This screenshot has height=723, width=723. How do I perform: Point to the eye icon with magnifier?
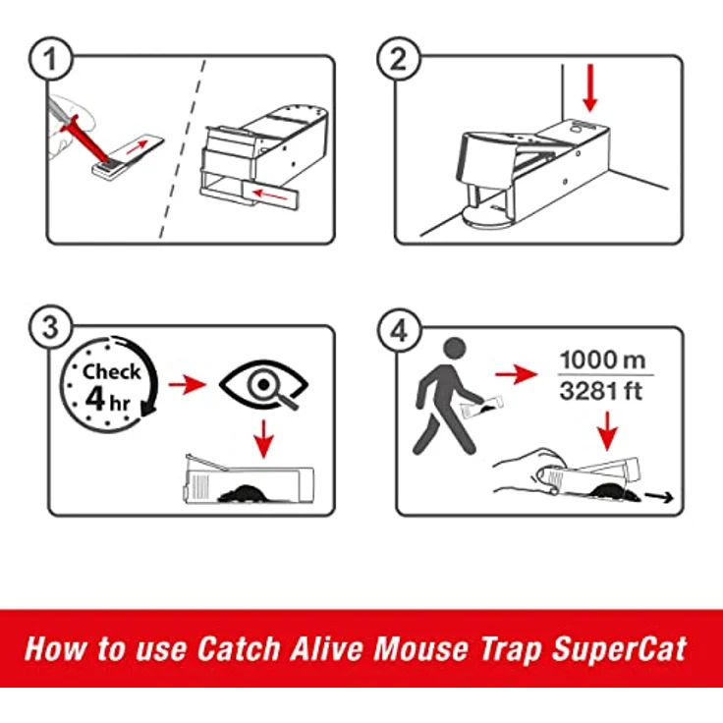coord(262,386)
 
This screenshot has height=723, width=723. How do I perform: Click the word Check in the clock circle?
coord(111,372)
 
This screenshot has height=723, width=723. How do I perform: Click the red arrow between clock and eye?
coord(183,386)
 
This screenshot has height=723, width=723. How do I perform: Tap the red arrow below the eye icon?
coord(262,438)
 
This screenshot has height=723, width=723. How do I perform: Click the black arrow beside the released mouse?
coord(664,497)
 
